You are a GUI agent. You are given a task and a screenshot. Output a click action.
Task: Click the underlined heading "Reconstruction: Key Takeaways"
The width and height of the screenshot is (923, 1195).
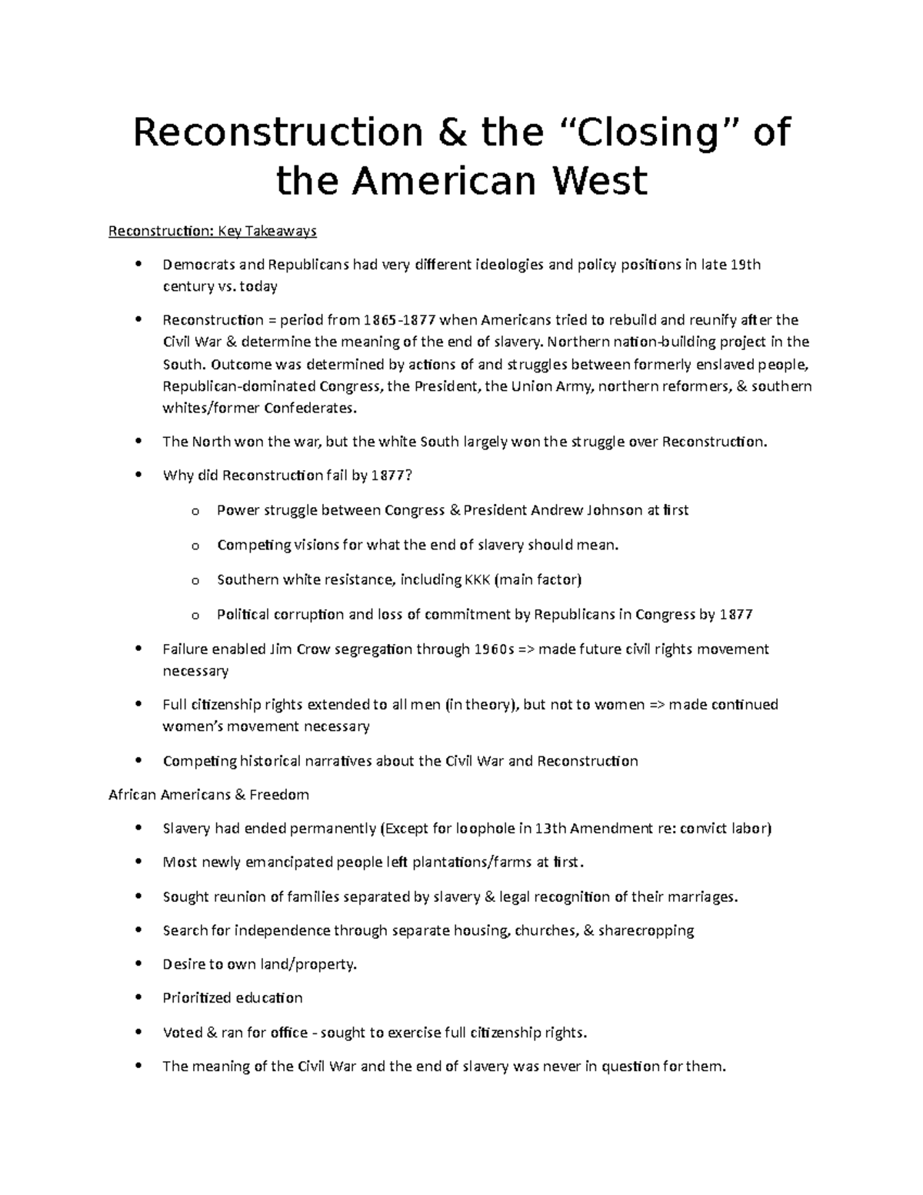[x=212, y=231]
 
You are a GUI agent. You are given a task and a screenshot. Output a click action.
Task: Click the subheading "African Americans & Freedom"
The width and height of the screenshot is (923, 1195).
[x=209, y=795]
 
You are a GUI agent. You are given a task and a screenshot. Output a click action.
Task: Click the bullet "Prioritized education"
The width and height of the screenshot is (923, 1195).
[x=232, y=998]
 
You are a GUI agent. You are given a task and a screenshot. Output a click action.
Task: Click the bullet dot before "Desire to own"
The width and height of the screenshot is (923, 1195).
[x=138, y=964]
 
